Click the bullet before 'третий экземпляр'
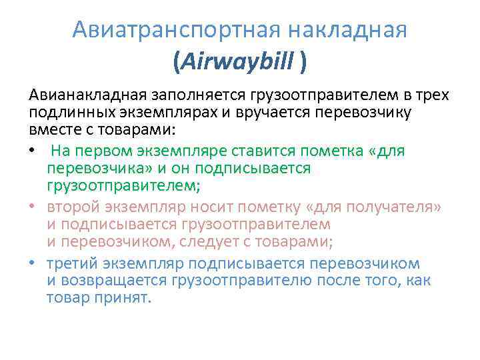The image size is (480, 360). (x=33, y=263)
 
